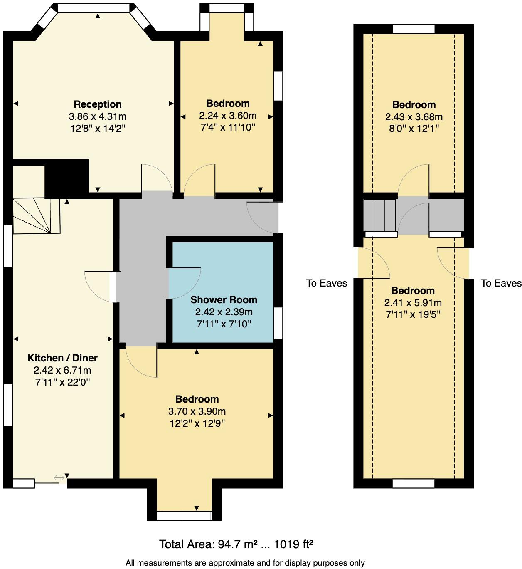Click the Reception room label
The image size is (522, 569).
click(x=98, y=104)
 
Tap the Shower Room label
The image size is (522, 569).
click(x=224, y=300)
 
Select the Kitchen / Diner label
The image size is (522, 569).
click(x=62, y=358)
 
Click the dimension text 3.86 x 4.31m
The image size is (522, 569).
click(x=98, y=116)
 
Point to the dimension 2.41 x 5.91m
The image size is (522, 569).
click(x=413, y=303)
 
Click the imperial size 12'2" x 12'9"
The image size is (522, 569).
click(x=197, y=423)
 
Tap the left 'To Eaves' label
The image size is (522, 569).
click(x=326, y=283)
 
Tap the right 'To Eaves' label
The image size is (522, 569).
click(x=501, y=283)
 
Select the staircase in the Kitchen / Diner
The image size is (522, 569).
click(x=37, y=215)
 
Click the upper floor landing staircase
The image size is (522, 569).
click(x=379, y=215)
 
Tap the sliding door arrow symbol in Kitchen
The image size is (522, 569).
click(x=59, y=477)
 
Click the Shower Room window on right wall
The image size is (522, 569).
click(x=278, y=323)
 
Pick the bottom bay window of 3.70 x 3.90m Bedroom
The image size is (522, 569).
click(x=184, y=516)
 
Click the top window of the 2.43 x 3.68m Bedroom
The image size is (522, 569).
click(x=414, y=29)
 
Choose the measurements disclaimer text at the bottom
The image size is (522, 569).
click(x=245, y=563)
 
